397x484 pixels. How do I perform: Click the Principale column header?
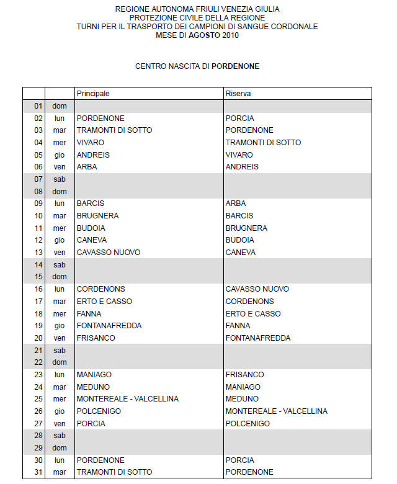pyautogui.click(x=93, y=93)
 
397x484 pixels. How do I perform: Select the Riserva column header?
pyautogui.click(x=238, y=93)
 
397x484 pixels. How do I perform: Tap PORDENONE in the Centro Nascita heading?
pyautogui.click(x=236, y=65)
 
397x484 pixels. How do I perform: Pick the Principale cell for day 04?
pyautogui.click(x=91, y=142)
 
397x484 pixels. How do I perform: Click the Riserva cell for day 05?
pyautogui.click(x=239, y=155)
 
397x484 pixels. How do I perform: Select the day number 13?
pyautogui.click(x=38, y=252)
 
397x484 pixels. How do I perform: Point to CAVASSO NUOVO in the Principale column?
pyautogui.click(x=109, y=252)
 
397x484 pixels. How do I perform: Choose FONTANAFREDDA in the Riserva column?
pyautogui.click(x=258, y=338)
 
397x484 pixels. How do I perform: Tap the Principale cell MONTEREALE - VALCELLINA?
pyautogui.click(x=127, y=398)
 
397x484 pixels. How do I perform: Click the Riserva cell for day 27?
pyautogui.click(x=248, y=423)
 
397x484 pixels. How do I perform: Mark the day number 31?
pyautogui.click(x=38, y=472)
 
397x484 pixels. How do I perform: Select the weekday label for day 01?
pyautogui.click(x=60, y=106)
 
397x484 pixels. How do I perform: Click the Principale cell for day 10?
pyautogui.click(x=97, y=215)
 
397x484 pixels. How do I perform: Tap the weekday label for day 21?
pyautogui.click(x=60, y=350)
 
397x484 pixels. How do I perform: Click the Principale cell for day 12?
pyautogui.click(x=92, y=240)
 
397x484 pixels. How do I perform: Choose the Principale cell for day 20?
pyautogui.click(x=96, y=338)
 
